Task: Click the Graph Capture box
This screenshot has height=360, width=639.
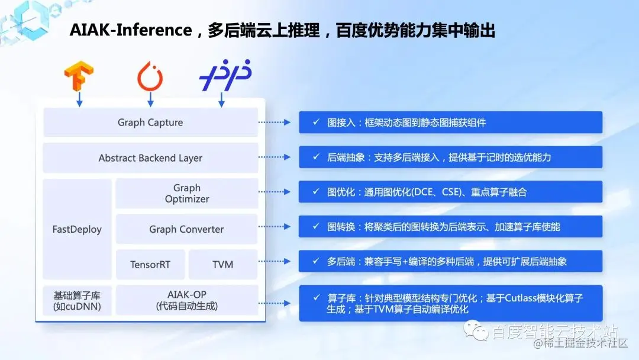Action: pos(150,123)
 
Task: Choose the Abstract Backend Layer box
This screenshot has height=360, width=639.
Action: pos(150,158)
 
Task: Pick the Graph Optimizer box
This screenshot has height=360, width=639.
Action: pos(186,194)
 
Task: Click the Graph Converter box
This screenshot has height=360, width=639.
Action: pos(186,229)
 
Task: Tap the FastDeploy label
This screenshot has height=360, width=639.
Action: pos(77,229)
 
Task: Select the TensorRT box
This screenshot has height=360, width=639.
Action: pos(150,265)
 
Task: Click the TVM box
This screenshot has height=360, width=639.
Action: pos(223,265)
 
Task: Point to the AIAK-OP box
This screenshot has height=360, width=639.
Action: pos(186,300)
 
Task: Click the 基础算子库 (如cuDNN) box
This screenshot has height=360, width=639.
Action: pos(77,300)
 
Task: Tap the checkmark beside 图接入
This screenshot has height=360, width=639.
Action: pos(317,123)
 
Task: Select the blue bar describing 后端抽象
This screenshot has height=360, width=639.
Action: pos(450,157)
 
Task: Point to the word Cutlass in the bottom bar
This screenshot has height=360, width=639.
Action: pos(523,298)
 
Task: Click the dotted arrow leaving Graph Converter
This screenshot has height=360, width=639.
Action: pos(275,227)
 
